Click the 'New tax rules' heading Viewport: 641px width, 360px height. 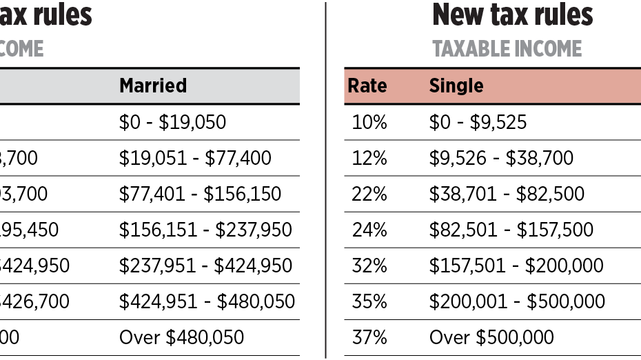(512, 14)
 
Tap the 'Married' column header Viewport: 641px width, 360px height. (153, 86)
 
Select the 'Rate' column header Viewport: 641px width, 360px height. (367, 86)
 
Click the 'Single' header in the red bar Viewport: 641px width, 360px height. (456, 86)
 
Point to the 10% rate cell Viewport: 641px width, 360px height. (369, 122)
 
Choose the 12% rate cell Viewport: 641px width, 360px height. (369, 158)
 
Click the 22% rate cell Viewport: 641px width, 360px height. (369, 194)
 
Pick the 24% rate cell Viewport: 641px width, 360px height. (369, 230)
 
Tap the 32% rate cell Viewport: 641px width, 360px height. (369, 266)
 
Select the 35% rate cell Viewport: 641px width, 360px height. (369, 301)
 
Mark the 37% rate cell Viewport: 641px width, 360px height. (369, 337)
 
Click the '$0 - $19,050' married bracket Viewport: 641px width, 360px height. (172, 122)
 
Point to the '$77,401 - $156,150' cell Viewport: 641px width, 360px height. (200, 194)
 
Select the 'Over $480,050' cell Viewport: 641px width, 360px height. (181, 337)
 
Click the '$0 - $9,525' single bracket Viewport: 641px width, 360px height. (478, 122)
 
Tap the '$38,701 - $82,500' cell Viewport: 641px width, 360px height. (507, 194)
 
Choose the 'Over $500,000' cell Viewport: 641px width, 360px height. (491, 337)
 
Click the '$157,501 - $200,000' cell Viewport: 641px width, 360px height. (516, 266)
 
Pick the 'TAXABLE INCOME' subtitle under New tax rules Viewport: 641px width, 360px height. (507, 49)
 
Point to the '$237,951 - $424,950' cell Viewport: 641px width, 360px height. (205, 266)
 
